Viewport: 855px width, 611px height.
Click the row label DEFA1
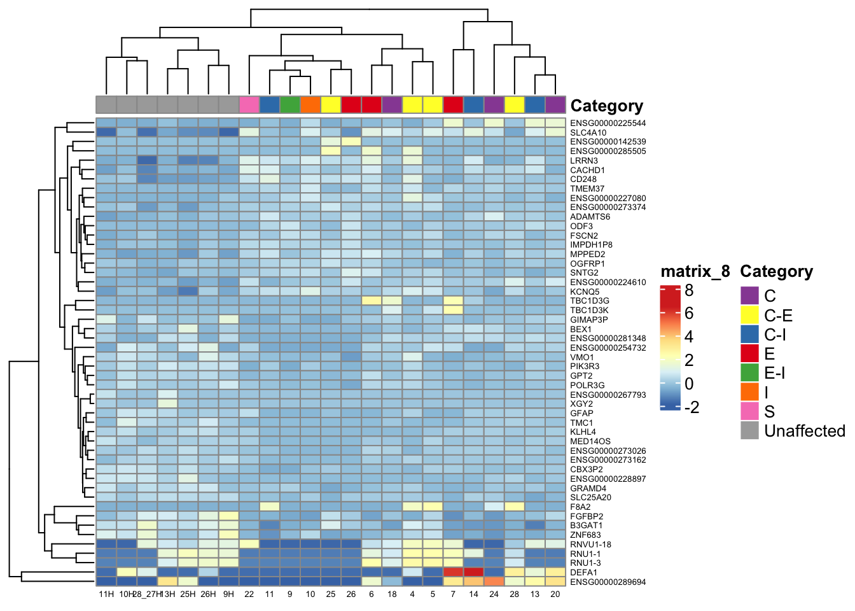pos(583,573)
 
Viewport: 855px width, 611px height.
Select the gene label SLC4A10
pos(588,133)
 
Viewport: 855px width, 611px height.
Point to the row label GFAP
pos(581,414)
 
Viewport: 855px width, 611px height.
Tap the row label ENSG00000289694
pos(608,582)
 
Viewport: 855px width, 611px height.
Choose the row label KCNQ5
pos(585,292)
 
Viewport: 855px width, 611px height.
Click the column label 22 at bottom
pos(249,594)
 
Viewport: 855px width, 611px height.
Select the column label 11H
pos(106,594)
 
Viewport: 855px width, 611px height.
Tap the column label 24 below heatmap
pos(494,594)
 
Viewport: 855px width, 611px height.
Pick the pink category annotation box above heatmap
pos(249,105)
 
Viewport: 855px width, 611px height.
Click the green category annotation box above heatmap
pos(290,105)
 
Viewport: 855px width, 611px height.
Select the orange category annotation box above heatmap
pos(310,105)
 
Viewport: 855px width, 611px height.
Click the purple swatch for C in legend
pos(750,296)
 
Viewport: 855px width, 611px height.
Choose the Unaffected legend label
pos(804,431)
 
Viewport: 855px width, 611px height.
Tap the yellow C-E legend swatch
pos(750,315)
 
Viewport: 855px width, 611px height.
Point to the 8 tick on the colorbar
pos(689,291)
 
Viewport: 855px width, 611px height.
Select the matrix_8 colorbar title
pos(695,272)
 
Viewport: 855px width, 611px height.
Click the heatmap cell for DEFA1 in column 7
pos(453,573)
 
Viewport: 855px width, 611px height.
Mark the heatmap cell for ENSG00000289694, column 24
pos(494,582)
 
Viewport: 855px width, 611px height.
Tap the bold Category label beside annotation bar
pos(606,106)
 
